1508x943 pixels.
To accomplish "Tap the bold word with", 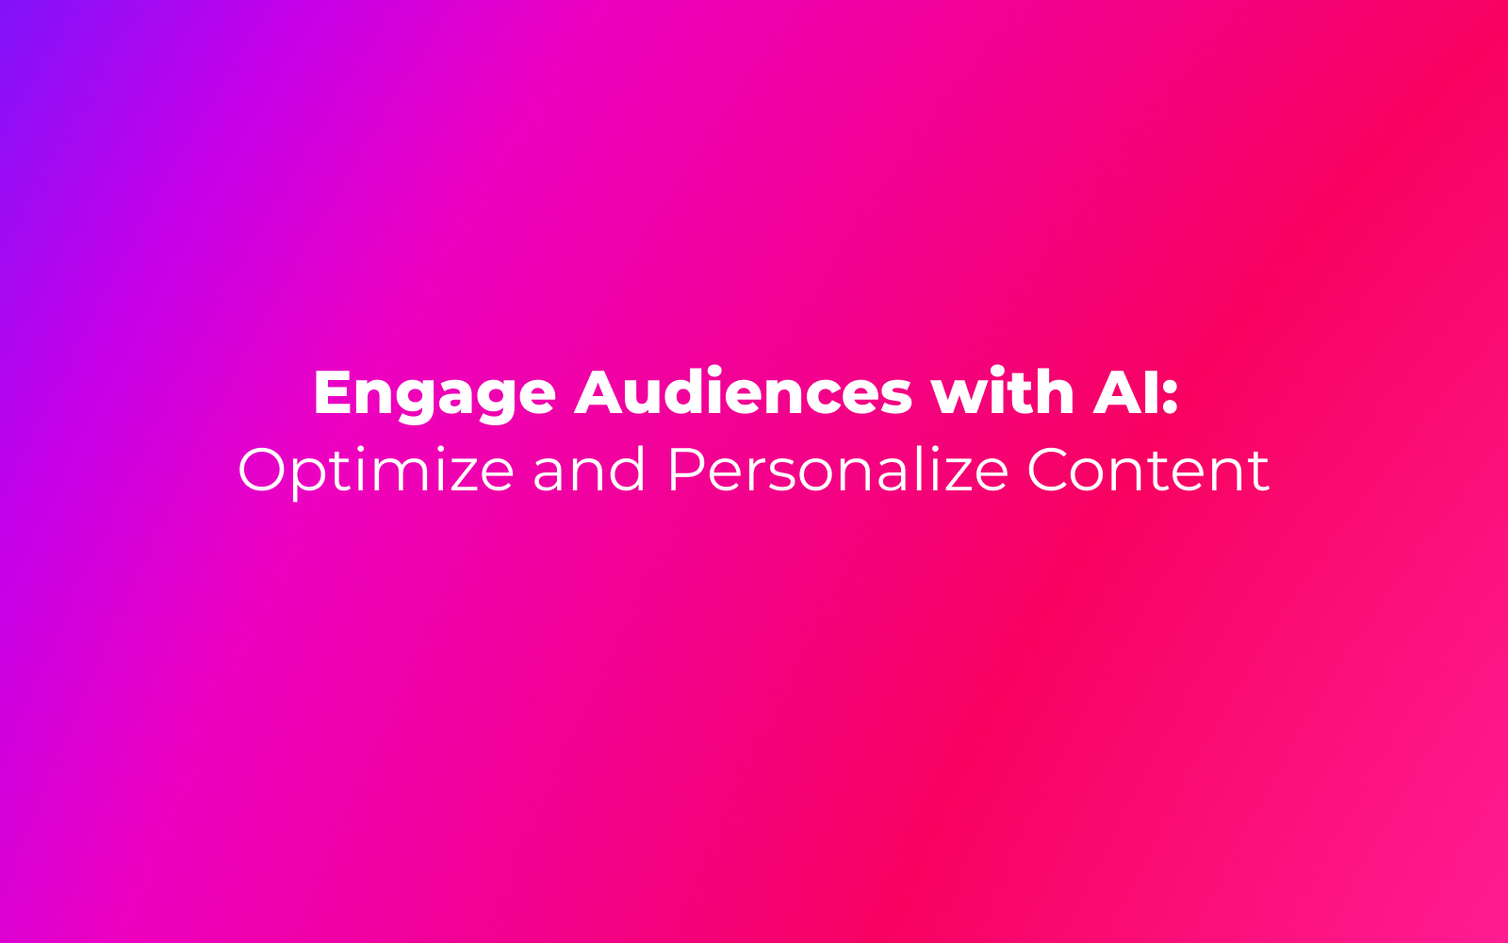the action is [1003, 390].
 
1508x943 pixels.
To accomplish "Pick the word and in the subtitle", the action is [589, 469].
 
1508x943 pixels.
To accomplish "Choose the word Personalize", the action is [838, 469].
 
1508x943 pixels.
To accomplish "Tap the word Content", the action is [1148, 470].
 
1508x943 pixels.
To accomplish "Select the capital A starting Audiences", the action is [598, 391].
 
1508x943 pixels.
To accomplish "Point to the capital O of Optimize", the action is [261, 470].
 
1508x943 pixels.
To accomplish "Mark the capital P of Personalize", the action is [685, 470].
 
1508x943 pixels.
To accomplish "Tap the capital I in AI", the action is [1150, 391].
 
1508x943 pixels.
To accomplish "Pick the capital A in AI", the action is [1117, 391].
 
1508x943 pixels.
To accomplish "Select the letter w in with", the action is [959, 398].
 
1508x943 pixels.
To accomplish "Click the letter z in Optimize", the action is [453, 476].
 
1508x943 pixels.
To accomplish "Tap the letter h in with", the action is [1055, 390].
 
